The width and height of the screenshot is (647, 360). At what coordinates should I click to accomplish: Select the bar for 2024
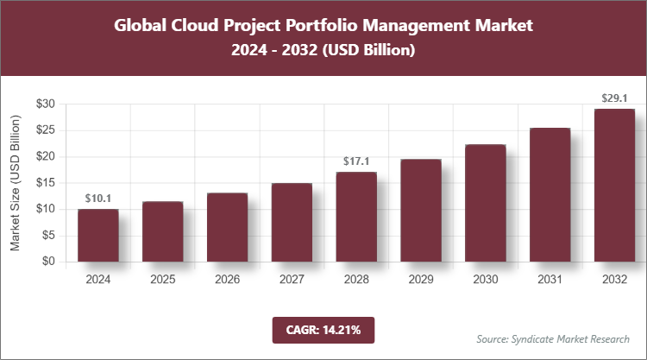(97, 235)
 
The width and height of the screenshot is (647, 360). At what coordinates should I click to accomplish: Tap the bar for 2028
(356, 217)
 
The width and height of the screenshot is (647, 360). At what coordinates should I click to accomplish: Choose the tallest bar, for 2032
(614, 185)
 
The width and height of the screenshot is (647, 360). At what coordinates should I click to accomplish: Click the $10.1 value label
(97, 199)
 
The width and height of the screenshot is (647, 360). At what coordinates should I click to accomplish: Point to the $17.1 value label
(356, 162)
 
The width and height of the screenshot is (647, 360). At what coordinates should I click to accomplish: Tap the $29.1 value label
(614, 99)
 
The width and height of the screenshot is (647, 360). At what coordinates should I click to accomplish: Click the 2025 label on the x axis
(162, 280)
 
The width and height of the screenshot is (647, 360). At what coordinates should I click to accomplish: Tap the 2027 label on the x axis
(292, 280)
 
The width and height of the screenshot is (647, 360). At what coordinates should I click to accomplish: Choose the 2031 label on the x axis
(550, 280)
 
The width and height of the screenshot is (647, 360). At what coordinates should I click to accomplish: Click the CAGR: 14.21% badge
(323, 329)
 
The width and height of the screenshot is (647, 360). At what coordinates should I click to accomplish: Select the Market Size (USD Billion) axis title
(15, 182)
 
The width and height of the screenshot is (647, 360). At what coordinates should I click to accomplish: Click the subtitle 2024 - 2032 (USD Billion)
(323, 51)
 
